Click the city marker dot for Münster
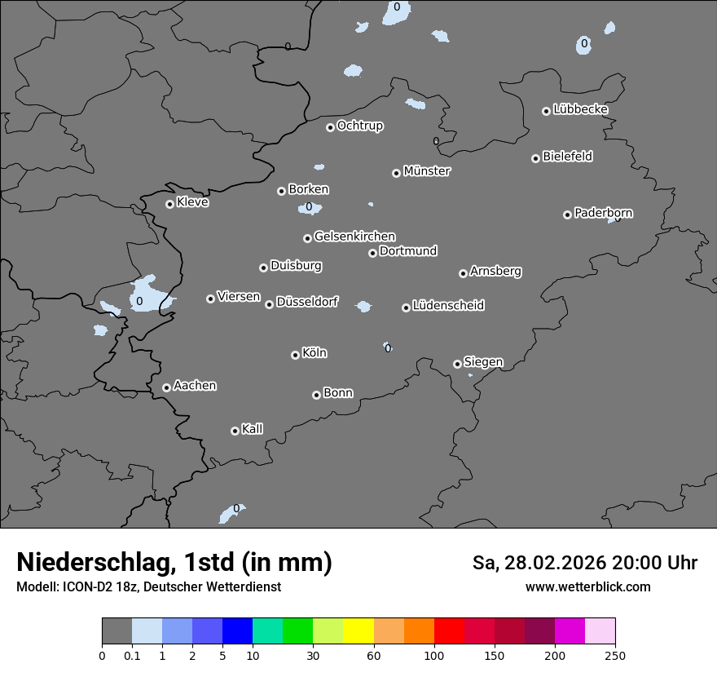(x=396, y=173)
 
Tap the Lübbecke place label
(x=580, y=109)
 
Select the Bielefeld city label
(x=567, y=157)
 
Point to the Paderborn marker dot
(x=567, y=215)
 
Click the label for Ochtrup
(x=359, y=126)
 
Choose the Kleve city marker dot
(x=169, y=204)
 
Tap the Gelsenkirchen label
(x=354, y=237)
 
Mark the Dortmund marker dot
(x=372, y=253)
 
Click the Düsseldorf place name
(x=307, y=302)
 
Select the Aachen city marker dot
(x=166, y=387)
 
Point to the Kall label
(x=252, y=429)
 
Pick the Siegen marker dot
(x=457, y=364)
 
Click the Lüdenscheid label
(x=448, y=306)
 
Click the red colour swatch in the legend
(x=449, y=631)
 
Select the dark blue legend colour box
(x=237, y=631)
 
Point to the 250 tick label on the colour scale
(x=615, y=655)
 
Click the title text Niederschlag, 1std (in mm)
(x=174, y=563)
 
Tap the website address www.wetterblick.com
(x=587, y=586)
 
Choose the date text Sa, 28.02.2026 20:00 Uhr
(x=584, y=563)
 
